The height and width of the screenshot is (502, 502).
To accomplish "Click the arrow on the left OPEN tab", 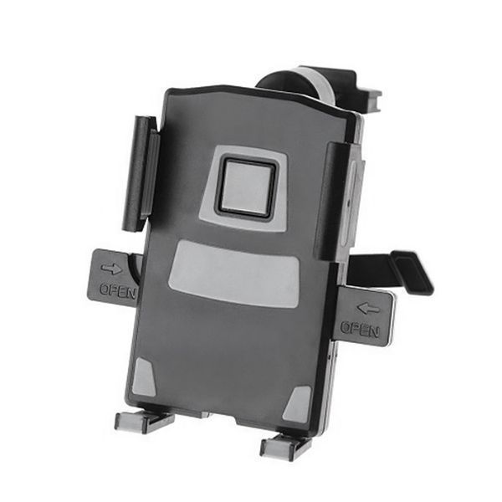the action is [x=111, y=269].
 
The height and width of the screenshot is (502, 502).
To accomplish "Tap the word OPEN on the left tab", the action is [x=118, y=291].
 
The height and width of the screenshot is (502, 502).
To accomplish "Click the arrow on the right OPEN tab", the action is [x=368, y=309].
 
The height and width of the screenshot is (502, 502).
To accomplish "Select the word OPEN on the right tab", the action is [x=360, y=329].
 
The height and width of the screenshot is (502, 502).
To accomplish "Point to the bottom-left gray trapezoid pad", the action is [x=144, y=378].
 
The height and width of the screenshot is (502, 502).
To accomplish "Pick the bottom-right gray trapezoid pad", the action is [x=298, y=404].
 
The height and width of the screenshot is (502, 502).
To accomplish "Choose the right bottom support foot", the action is [x=286, y=445].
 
